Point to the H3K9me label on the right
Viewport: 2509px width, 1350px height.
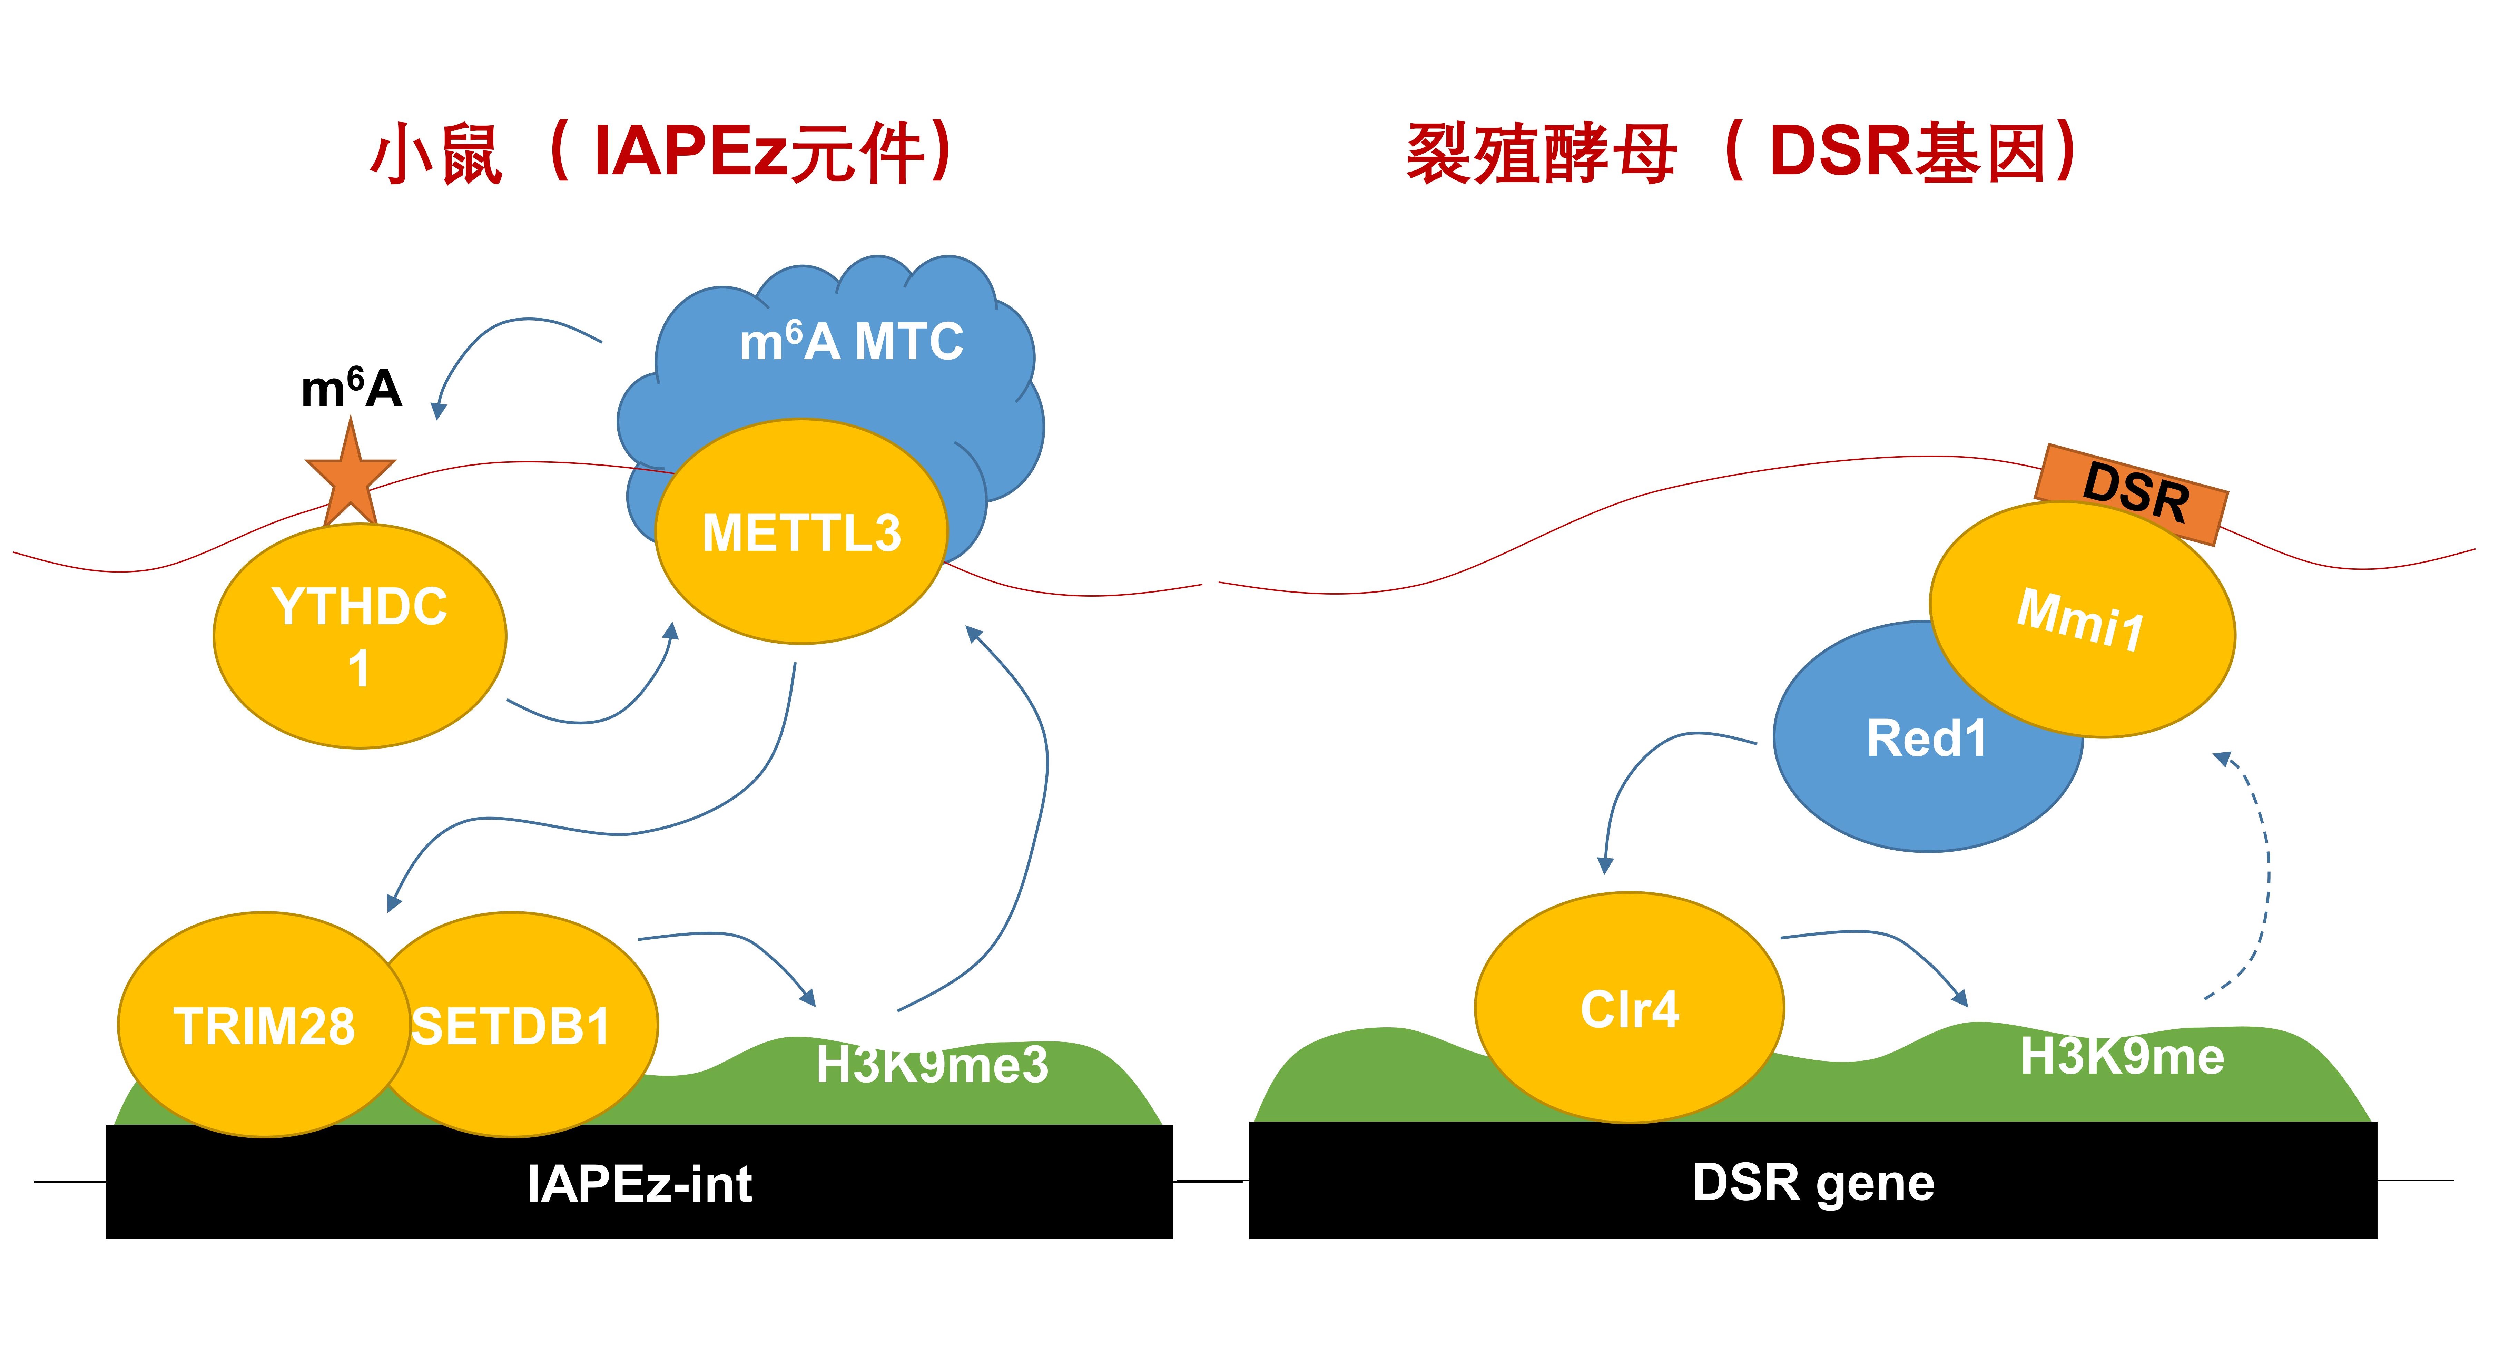point(2121,1057)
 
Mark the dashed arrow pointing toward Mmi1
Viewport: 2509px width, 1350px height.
point(2264,877)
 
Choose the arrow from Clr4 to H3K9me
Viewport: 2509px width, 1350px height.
point(1880,950)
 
